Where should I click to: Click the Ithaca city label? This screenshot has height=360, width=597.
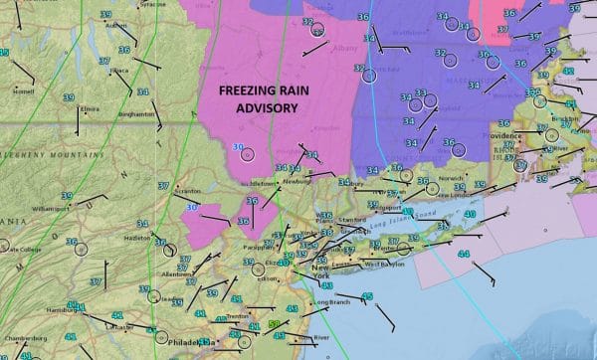point(118,71)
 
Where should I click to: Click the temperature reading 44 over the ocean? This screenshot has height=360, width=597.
point(463,255)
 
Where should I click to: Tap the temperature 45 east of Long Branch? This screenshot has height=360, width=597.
point(367,296)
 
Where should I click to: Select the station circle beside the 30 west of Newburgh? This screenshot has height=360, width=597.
point(248,154)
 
